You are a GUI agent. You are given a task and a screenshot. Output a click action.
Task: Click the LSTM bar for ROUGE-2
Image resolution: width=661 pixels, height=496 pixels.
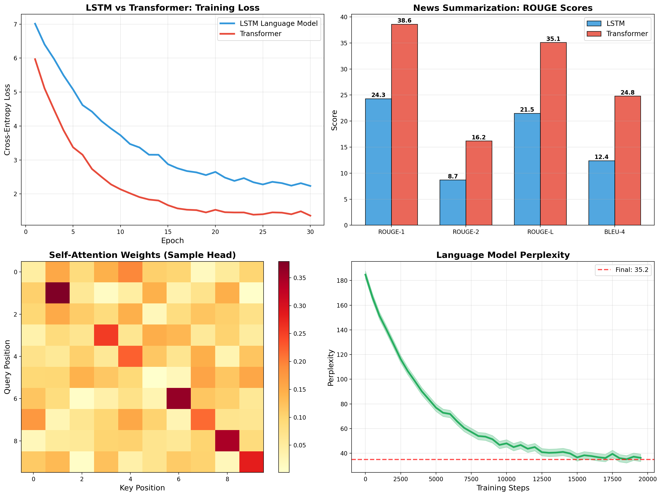pos(452,202)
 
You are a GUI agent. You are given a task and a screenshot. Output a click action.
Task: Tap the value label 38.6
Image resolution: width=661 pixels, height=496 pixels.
pos(404,21)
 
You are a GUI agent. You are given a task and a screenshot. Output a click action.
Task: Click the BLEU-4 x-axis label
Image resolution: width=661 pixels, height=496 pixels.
pos(614,232)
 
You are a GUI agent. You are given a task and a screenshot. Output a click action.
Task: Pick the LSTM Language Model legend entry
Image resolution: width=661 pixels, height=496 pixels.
pos(278,24)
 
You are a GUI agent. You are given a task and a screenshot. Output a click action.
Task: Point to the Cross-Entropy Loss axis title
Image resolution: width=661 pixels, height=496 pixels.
pos(7,120)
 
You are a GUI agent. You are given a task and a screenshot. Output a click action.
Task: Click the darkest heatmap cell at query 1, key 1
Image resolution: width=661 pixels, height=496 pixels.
pos(57,293)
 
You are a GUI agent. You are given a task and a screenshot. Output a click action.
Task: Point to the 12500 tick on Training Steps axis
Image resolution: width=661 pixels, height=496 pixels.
pos(542,479)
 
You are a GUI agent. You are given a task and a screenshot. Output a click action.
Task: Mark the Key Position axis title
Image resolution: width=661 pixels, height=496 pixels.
pos(142,488)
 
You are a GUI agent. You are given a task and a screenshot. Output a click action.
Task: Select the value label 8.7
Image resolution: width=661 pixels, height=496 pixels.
pos(453,176)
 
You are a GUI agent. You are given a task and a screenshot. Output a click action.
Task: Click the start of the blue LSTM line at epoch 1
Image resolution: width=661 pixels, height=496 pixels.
pos(35,23)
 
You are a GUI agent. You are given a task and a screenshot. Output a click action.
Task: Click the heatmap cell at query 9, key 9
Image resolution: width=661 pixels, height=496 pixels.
pos(251,462)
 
